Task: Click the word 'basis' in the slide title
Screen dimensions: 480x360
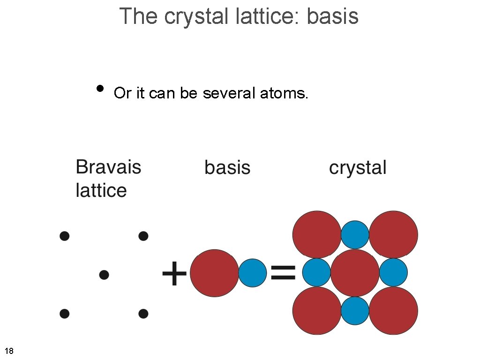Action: point(332,16)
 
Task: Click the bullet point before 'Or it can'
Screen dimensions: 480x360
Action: point(99,88)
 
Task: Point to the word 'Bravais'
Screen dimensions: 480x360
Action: point(108,167)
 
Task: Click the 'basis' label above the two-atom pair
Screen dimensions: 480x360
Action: point(227,167)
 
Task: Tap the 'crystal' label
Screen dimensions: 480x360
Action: point(358,168)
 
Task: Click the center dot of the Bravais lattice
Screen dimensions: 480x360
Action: point(104,274)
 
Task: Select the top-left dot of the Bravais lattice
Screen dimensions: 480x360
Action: point(65,235)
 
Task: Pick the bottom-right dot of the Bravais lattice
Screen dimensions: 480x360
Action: point(143,313)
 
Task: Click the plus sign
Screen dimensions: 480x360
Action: point(174,274)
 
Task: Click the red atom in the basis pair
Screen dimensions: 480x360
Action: point(214,273)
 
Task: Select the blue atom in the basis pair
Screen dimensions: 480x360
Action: point(253,273)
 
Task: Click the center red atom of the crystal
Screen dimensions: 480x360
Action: point(355,273)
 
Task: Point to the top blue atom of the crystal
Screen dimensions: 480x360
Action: point(355,234)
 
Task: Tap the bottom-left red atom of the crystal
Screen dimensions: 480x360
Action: point(317,311)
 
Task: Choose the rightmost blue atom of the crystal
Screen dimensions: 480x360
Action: point(393,272)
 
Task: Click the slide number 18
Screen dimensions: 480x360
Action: point(9,351)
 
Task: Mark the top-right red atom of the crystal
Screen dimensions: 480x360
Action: point(394,234)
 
